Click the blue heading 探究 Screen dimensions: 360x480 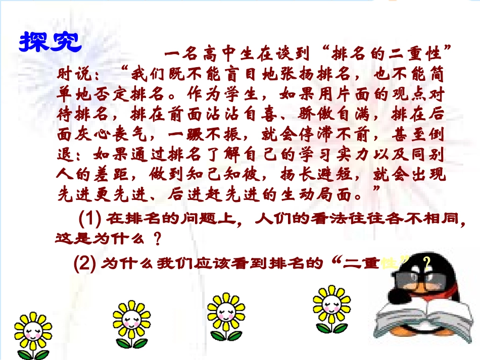point(50,42)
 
